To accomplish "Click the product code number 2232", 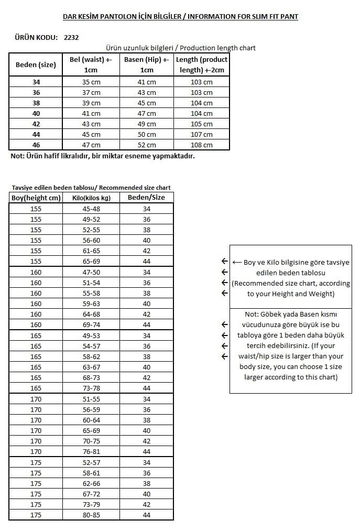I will (x=71, y=37).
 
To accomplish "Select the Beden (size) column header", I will (x=36, y=65).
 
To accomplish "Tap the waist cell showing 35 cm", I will (x=91, y=82).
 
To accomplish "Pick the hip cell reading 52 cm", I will (x=147, y=145).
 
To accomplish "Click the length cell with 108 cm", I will (x=202, y=145).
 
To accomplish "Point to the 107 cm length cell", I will (x=202, y=135).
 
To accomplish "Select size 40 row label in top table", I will (x=36, y=114).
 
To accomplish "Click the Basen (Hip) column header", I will (x=147, y=64).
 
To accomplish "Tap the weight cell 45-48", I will (x=91, y=209).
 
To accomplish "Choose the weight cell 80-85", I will (x=91, y=515).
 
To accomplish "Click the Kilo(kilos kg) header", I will (x=91, y=198).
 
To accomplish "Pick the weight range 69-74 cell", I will (x=91, y=325).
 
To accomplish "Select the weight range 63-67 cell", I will (x=91, y=367).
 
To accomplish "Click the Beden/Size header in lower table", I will (x=146, y=198).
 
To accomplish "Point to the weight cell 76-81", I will (x=91, y=452).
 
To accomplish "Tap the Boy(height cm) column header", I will (x=36, y=198).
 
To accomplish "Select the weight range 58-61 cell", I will (x=91, y=473).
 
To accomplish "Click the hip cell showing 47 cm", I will (x=147, y=114).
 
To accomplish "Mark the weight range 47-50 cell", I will (x=91, y=272).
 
